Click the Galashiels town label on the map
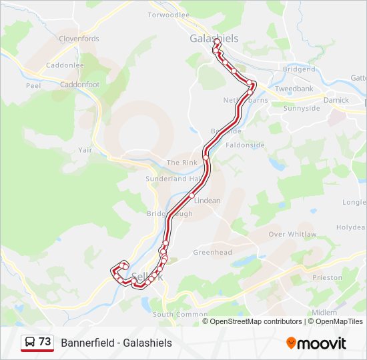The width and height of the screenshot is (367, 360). [214, 39]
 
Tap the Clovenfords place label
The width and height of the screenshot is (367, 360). [79, 39]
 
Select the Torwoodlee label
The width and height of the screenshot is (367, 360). [168, 15]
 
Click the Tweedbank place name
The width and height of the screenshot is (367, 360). [294, 89]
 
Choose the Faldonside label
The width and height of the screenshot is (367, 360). [246, 145]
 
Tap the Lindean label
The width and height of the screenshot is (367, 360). [207, 200]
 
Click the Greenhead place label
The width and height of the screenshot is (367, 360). [212, 253]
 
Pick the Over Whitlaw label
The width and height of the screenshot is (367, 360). [292, 234]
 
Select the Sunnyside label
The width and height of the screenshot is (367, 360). [302, 108]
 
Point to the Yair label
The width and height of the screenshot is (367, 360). [85, 150]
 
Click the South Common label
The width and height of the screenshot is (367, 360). [171, 314]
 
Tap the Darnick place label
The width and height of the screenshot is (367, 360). [336, 101]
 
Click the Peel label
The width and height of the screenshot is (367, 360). [33, 86]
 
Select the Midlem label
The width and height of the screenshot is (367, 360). [324, 312]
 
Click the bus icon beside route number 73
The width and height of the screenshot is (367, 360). [30, 342]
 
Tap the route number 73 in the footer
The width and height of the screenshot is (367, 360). [45, 342]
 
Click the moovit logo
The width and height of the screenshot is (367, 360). [316, 343]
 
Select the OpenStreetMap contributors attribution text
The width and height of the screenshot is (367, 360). [256, 321]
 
